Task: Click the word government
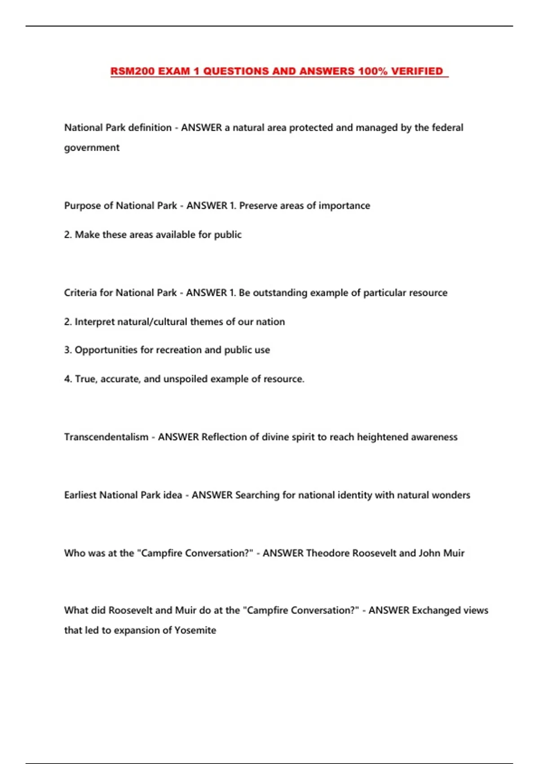92,148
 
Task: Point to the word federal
447,128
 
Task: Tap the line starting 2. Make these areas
153,235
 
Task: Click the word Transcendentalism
106,437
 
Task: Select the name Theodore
327,553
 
